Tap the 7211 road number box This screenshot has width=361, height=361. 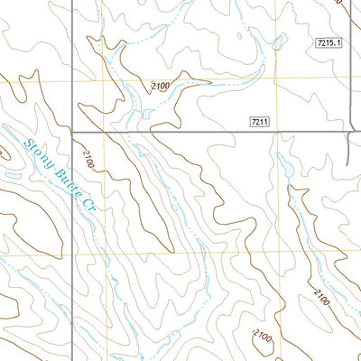coord(259,120)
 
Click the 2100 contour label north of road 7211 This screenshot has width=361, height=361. coord(160,86)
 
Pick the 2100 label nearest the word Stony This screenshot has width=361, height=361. coord(88,162)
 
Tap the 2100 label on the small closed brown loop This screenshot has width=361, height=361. coord(263,336)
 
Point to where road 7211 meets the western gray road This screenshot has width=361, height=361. coord(72,132)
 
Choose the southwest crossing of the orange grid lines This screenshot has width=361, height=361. coord(106,254)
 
